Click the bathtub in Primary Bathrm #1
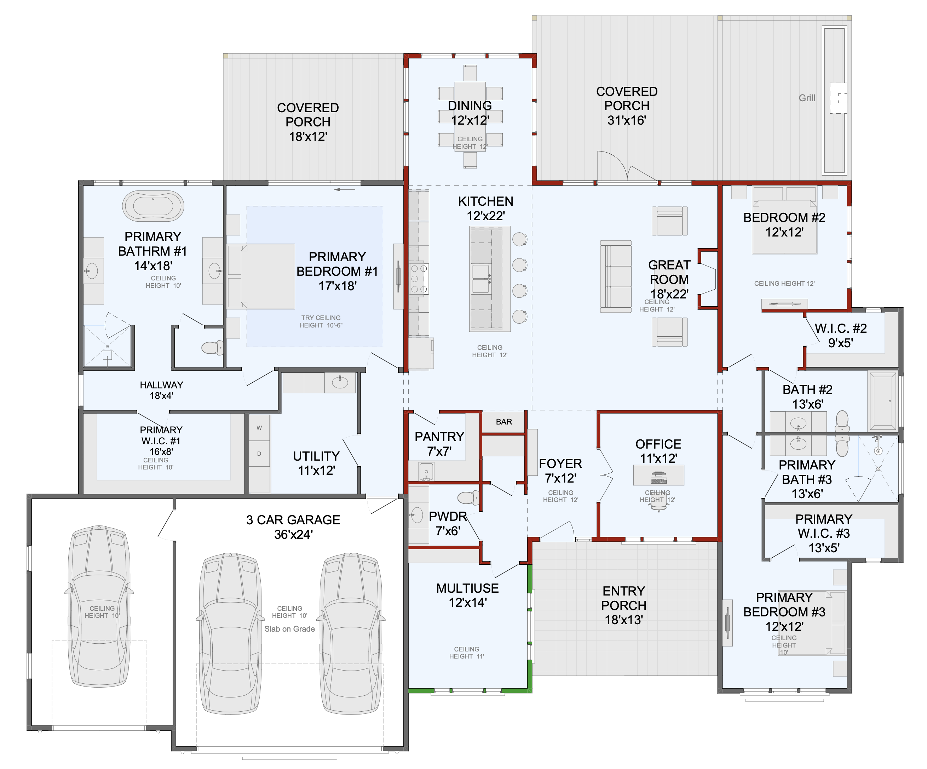point(153,205)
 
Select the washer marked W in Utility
point(259,428)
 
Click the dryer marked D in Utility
point(259,454)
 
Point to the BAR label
point(504,422)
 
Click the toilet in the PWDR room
point(468,498)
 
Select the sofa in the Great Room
point(615,277)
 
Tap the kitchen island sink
point(481,279)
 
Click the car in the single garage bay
point(99,606)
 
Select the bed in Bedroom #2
point(784,220)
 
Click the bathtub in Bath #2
point(883,401)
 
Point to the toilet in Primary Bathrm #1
point(212,347)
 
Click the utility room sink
point(340,382)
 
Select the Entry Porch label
point(624,605)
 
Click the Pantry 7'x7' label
point(439,444)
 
